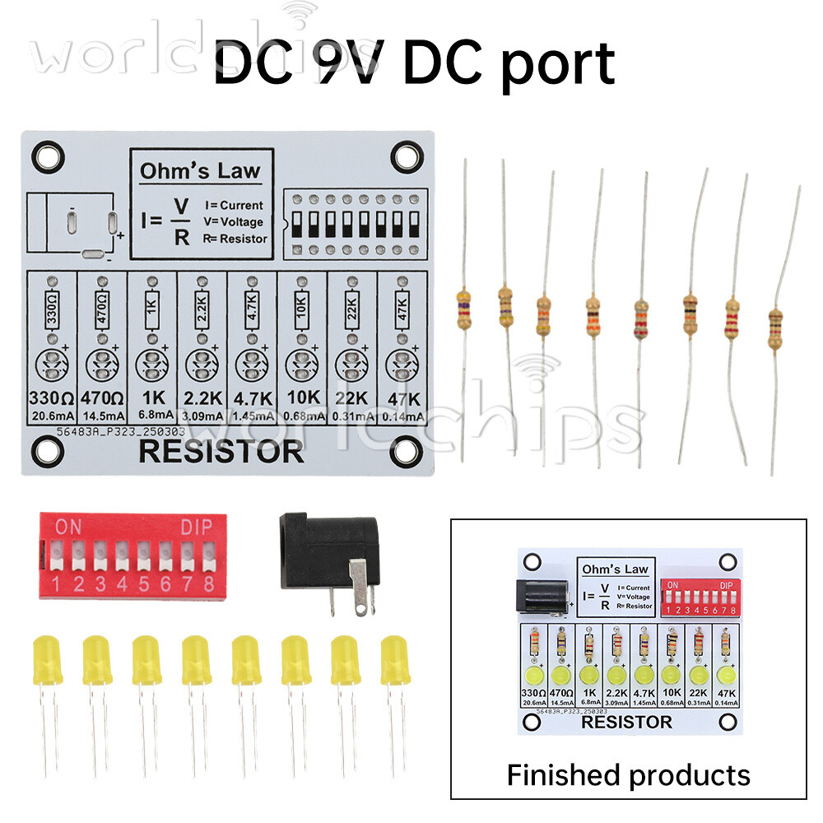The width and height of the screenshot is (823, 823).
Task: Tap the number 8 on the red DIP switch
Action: tap(208, 586)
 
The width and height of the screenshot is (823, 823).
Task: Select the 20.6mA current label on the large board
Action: tap(51, 416)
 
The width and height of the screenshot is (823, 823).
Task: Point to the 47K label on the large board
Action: tap(402, 399)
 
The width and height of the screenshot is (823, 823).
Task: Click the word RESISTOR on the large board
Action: tap(221, 452)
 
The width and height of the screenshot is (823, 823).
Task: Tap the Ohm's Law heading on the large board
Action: tap(200, 171)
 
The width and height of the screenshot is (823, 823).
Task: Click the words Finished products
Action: tap(628, 774)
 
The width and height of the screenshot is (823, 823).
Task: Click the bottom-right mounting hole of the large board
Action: tap(405, 449)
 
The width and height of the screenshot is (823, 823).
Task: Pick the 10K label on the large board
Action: tap(301, 399)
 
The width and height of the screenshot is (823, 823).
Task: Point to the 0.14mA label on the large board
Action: tap(402, 416)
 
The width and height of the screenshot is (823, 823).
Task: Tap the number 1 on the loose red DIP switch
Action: tap(57, 586)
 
